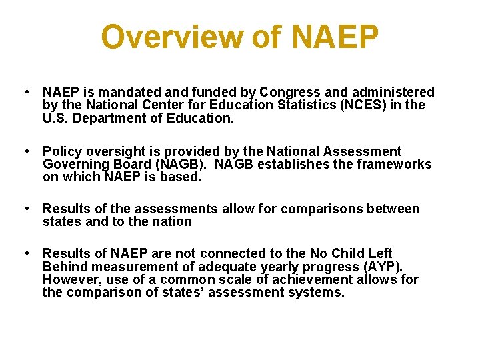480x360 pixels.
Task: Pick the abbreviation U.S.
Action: point(56,118)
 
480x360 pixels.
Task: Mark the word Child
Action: point(351,253)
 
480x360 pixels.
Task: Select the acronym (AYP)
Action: point(381,267)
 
